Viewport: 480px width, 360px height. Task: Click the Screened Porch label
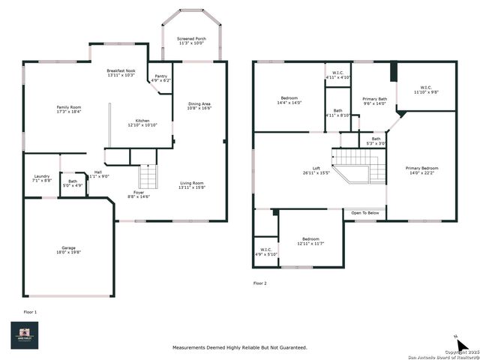tap(192, 38)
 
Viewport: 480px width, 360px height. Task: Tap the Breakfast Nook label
tap(120, 70)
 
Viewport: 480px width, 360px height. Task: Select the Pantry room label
tap(161, 76)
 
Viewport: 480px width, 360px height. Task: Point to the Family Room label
tap(69, 107)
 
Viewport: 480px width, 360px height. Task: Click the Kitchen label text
tap(142, 121)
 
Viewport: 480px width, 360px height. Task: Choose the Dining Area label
tap(199, 103)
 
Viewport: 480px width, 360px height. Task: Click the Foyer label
tap(139, 192)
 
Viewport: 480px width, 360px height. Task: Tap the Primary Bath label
tap(375, 98)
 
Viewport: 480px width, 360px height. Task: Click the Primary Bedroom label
tap(422, 168)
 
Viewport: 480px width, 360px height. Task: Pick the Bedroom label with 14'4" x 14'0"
tap(289, 98)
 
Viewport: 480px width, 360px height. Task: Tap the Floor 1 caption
tap(30, 311)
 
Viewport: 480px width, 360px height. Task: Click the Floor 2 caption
tap(259, 283)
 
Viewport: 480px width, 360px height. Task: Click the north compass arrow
tap(462, 343)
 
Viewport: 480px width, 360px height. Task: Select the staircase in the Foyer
tap(148, 177)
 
